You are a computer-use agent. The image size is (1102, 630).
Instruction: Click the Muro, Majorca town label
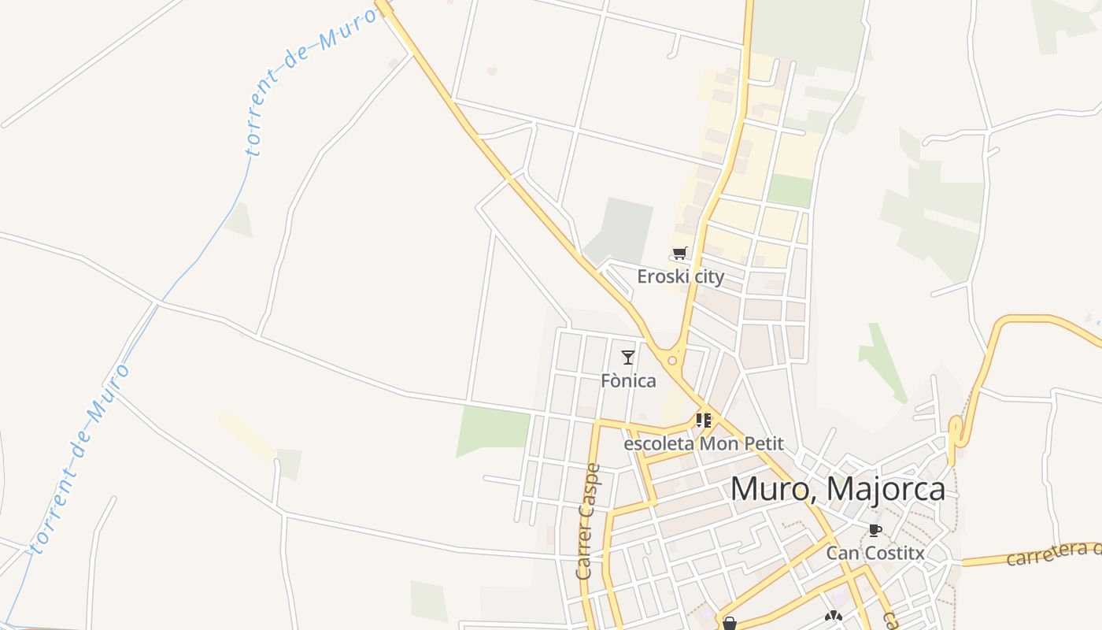pos(838,489)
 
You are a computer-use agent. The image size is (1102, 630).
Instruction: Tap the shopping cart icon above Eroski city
pos(680,254)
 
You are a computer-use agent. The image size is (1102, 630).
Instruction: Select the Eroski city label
pos(680,276)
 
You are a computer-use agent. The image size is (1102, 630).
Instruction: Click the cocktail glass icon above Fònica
pos(627,358)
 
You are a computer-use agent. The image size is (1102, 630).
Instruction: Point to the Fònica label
pos(628,381)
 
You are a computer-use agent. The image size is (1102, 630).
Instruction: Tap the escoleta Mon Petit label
pos(703,443)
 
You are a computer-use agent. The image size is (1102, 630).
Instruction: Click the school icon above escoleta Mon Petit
pos(703,421)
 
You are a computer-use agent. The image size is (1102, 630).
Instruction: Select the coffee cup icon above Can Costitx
pos(875,530)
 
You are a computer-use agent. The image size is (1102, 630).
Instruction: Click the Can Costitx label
pos(875,553)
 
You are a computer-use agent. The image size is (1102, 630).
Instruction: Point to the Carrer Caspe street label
pos(588,521)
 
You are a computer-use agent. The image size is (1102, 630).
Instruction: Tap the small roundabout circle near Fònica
pos(671,361)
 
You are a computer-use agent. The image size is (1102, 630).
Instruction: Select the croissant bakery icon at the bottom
pos(834,617)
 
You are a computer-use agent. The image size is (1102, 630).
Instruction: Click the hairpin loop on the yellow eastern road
pos(955,432)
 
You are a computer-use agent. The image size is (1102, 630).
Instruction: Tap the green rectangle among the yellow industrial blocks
pos(790,191)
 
